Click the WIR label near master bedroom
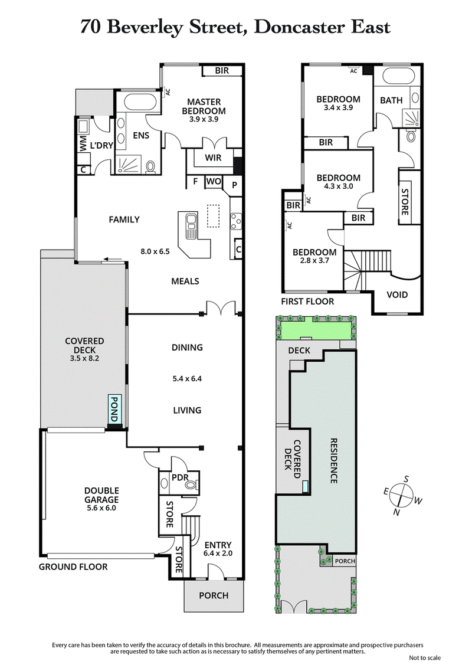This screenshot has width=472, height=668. [213, 158]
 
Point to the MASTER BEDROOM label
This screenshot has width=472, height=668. [204, 106]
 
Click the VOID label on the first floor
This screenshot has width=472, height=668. [396, 294]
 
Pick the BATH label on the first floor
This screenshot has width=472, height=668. [391, 100]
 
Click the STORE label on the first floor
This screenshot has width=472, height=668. [405, 195]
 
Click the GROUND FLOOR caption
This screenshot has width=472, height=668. [73, 567]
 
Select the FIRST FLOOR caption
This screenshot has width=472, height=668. [307, 302]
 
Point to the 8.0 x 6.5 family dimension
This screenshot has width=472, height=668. [156, 251]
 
